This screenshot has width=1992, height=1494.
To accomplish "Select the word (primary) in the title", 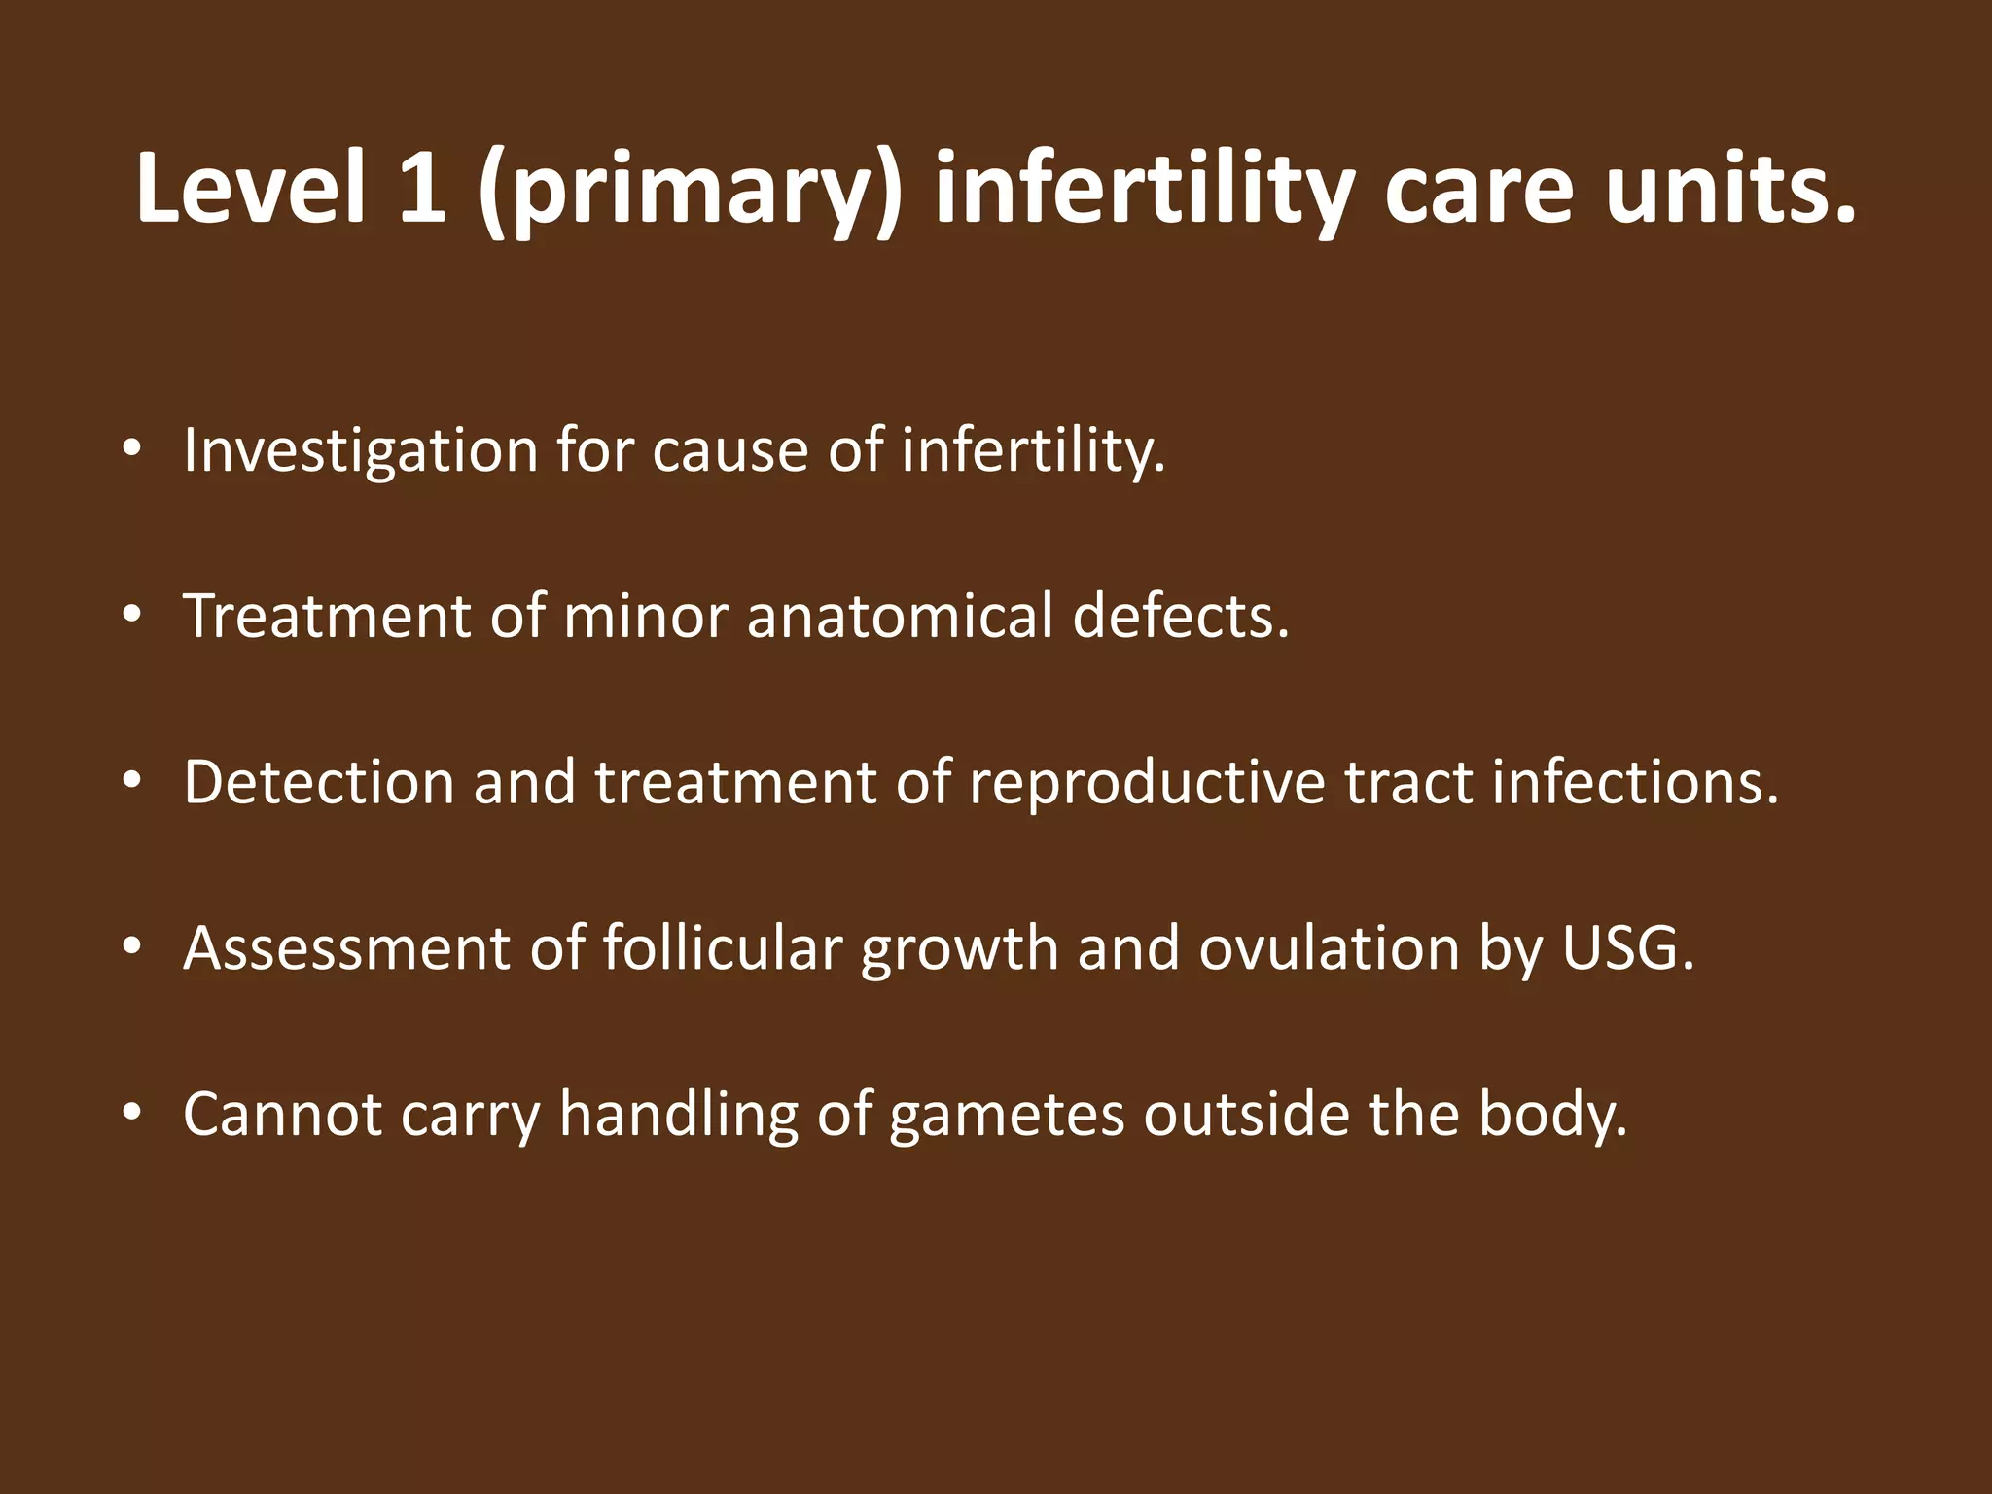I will pyautogui.click(x=691, y=190).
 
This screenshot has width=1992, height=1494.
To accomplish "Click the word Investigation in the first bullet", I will pyautogui.click(x=360, y=452).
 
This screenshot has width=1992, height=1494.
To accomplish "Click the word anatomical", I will pyautogui.click(x=900, y=617).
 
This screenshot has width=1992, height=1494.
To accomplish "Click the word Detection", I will pyautogui.click(x=319, y=782).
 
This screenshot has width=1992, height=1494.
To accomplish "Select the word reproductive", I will pyautogui.click(x=1147, y=784).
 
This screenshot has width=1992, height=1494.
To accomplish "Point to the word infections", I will pyautogui.click(x=1634, y=782).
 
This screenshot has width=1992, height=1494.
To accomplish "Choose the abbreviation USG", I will pyautogui.click(x=1626, y=947).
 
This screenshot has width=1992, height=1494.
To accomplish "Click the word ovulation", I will pyautogui.click(x=1329, y=947).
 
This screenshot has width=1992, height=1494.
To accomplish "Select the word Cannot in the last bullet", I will pyautogui.click(x=282, y=1114).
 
